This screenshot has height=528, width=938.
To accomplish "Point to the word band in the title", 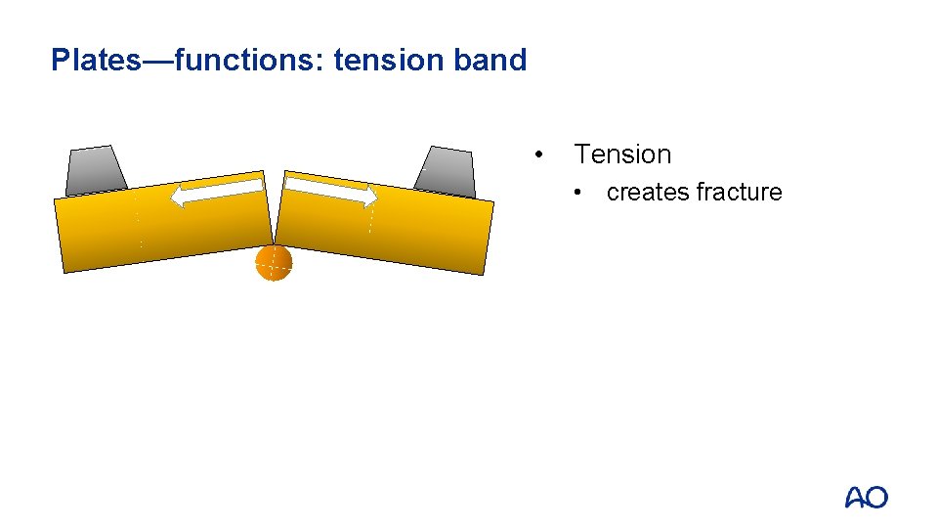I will tap(490, 61).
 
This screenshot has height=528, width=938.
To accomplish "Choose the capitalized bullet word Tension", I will tap(622, 154).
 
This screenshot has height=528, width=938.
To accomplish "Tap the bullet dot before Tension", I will tap(538, 154).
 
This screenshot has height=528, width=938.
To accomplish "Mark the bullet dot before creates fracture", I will tap(580, 193).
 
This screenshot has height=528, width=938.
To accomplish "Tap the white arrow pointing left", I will tap(217, 192).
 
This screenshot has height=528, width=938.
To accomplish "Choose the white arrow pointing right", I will tap(330, 190).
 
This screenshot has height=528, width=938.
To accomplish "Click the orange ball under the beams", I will tap(275, 262).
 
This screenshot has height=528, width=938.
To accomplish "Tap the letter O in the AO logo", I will tap(876, 498).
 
